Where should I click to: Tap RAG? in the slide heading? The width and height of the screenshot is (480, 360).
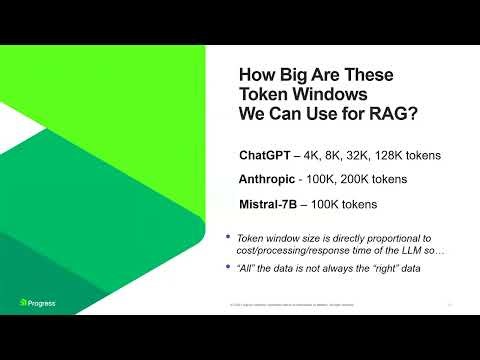point(394,114)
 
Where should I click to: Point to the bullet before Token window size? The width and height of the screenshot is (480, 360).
point(229,237)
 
